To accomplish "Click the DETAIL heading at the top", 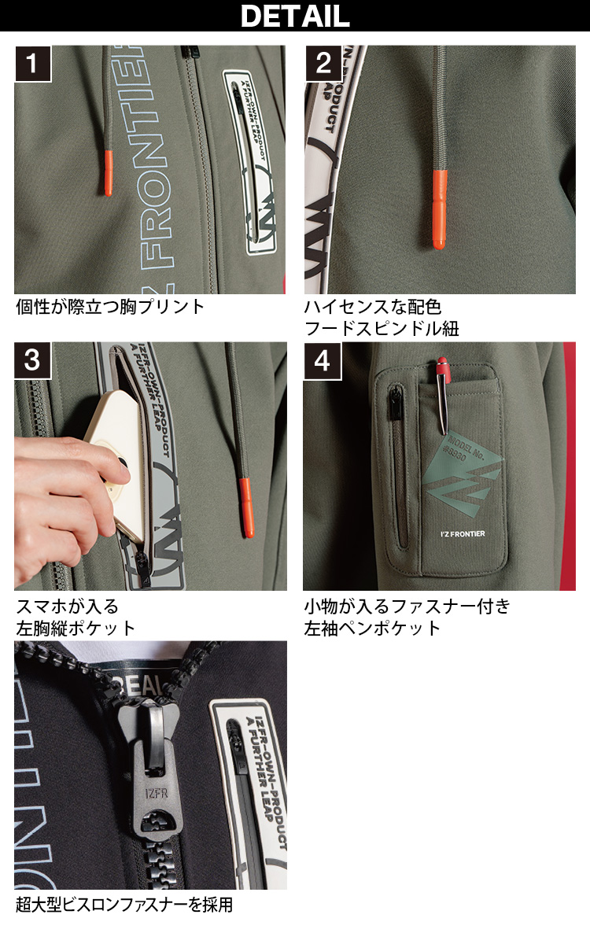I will [x=295, y=16].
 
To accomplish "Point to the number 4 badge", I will [x=323, y=360].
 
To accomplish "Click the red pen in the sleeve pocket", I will [x=442, y=393].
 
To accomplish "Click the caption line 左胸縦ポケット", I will [x=76, y=628].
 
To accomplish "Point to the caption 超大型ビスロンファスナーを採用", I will [x=124, y=905].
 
